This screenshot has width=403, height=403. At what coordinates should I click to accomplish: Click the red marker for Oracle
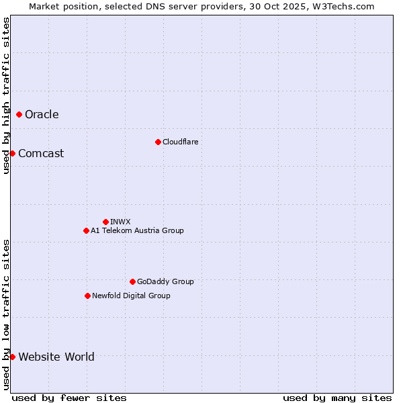coord(19,114)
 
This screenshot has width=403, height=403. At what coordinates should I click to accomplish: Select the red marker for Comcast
coord(12,153)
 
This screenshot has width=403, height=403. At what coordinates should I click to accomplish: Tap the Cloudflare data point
coord(158,142)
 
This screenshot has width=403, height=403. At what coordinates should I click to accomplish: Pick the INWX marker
coord(105,222)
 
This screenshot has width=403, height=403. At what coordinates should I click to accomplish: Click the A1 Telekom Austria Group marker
coord(86,230)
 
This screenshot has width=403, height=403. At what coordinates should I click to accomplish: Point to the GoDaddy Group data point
coord(132,281)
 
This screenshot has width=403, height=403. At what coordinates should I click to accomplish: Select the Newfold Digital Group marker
coord(87,296)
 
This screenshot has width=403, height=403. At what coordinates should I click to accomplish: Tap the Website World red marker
coord(12,357)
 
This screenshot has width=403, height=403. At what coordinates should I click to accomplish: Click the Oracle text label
coord(42,114)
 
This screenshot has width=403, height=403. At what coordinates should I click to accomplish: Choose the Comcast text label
coord(41,153)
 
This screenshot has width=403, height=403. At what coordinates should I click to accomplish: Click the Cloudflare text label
coord(180,142)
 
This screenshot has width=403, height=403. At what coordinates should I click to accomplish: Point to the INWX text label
coord(120,222)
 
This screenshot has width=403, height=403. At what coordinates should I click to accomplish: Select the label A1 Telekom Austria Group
coord(137,230)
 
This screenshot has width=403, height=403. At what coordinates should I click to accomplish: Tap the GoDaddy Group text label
coord(165,281)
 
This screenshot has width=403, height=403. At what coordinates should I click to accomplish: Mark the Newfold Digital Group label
coord(131,296)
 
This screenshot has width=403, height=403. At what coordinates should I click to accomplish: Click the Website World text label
coord(56,357)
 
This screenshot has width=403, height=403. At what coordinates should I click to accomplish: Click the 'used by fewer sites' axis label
coord(69,398)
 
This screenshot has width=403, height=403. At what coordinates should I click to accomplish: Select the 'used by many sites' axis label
coord(337,398)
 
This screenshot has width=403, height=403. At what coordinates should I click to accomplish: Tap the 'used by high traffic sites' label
coord(6,95)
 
